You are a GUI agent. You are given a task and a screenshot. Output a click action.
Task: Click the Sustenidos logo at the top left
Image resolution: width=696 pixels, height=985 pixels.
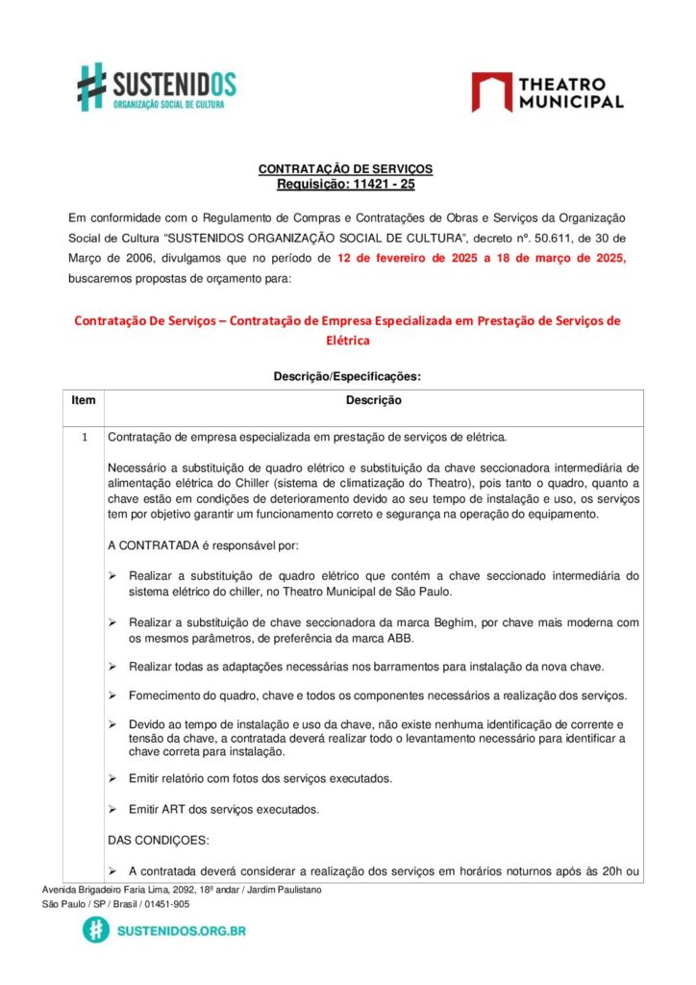[156, 88]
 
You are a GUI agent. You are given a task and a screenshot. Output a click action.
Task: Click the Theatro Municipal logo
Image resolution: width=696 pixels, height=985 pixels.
[547, 91]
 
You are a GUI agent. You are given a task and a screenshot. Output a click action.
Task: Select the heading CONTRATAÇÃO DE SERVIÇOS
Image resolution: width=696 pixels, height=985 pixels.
[345, 169]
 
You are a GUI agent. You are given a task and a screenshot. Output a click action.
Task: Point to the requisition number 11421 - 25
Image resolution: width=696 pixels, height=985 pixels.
[383, 184]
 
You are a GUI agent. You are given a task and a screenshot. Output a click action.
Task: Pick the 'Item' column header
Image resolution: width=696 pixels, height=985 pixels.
[84, 400]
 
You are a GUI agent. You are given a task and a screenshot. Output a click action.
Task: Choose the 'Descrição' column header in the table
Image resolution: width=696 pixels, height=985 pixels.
[374, 400]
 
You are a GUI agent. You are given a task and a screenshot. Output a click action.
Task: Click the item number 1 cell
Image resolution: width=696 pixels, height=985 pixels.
[84, 438]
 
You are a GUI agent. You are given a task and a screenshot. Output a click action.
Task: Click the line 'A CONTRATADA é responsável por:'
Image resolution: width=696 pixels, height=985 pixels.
[203, 545]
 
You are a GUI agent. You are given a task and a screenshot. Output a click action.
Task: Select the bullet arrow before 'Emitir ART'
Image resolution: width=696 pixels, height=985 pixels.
[113, 809]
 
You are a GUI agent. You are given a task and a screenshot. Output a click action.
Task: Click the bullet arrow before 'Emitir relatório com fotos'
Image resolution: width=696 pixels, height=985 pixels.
[113, 778]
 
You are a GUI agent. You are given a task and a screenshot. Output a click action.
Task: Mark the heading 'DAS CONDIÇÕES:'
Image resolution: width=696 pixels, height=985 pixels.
[157, 840]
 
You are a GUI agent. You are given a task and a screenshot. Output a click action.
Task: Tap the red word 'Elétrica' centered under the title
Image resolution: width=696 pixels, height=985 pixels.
[347, 341]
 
